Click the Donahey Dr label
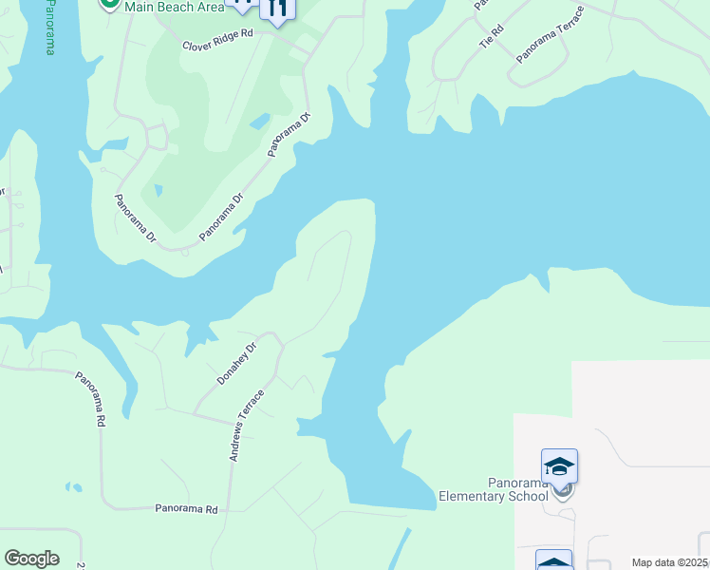pos(236,363)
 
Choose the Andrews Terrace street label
pos(246,425)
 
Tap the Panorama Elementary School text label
pos(493,489)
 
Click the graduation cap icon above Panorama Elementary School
pos(559,465)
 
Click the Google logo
pos(31,559)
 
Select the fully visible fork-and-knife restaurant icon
pos(277,10)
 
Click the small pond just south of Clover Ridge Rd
pos(258,122)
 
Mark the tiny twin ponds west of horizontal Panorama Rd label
pos(73,487)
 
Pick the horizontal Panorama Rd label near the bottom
pos(186,509)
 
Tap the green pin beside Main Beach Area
pos(110,4)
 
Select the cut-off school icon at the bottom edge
pos(553,560)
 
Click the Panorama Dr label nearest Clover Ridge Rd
pos(290,134)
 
